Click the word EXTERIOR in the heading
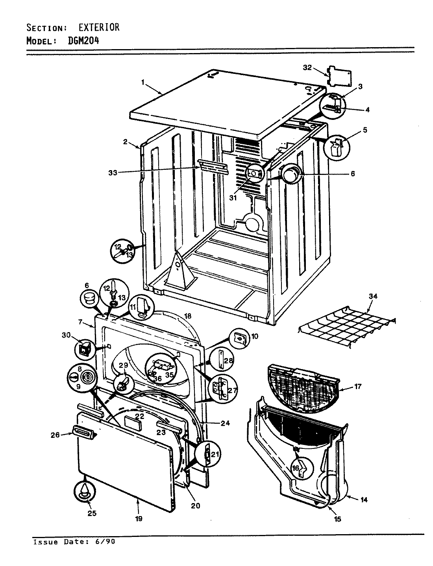[95, 28]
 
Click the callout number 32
[307, 68]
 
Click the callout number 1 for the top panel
[143, 82]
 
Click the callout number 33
[113, 172]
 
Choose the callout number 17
[357, 386]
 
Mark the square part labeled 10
[239, 336]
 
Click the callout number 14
[364, 500]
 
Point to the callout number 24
[225, 423]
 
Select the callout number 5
[365, 130]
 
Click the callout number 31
[233, 198]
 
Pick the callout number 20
[195, 506]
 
